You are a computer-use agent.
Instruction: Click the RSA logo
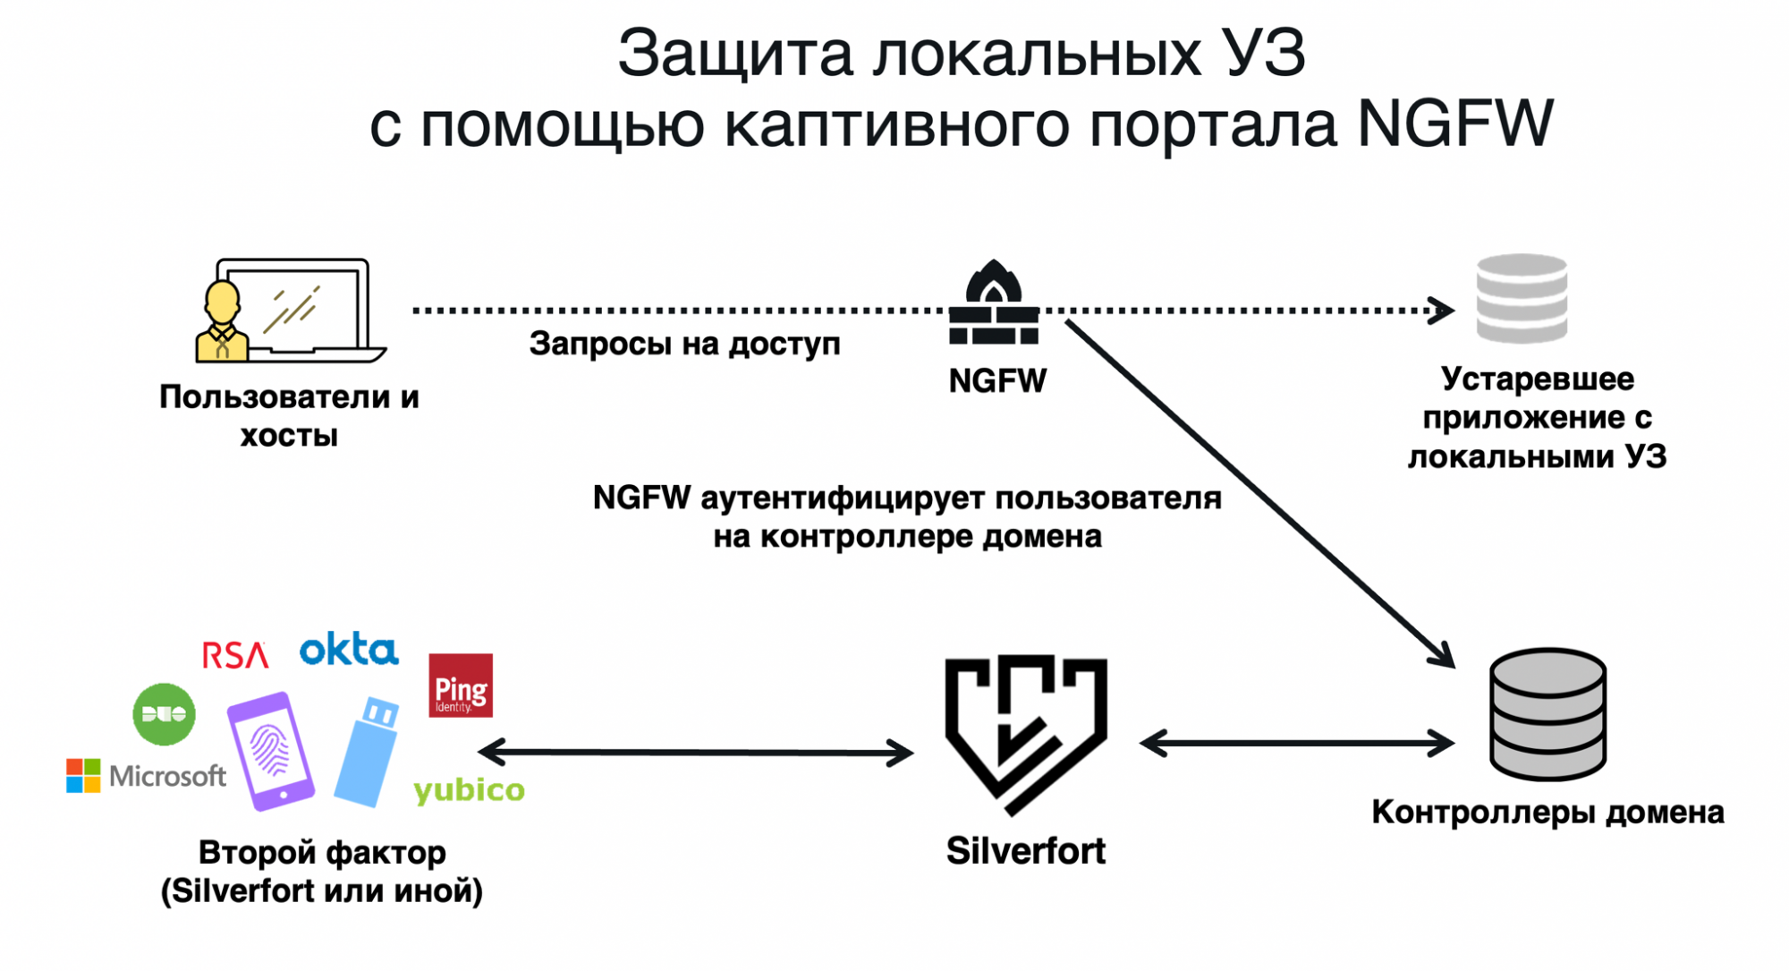[234, 655]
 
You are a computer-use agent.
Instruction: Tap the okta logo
[349, 650]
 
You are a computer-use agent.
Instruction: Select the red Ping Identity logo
[461, 686]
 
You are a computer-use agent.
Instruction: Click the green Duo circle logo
[164, 714]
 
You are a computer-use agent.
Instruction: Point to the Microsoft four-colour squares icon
[83, 775]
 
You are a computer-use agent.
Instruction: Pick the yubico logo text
[469, 790]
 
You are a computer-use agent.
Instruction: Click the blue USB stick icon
[368, 752]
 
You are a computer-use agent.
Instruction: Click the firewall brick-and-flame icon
[994, 304]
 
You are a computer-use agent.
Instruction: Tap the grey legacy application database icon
[1522, 299]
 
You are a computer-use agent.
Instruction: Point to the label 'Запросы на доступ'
[684, 345]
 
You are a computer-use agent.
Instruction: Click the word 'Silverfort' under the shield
[1026, 851]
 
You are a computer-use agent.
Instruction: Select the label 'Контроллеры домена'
[1547, 813]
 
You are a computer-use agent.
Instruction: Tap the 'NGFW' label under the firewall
[996, 381]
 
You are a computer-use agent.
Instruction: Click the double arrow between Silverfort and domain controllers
[1297, 743]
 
